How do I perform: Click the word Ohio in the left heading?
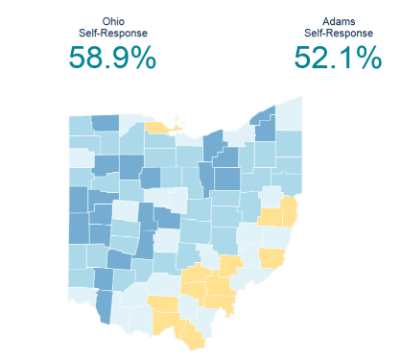click(111, 21)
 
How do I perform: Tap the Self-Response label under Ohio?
click(111, 34)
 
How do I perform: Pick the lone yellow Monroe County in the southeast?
click(272, 257)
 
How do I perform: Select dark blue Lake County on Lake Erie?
click(264, 120)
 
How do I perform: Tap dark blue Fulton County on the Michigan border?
click(106, 123)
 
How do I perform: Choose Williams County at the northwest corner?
click(80, 126)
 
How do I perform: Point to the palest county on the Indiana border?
click(81, 157)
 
